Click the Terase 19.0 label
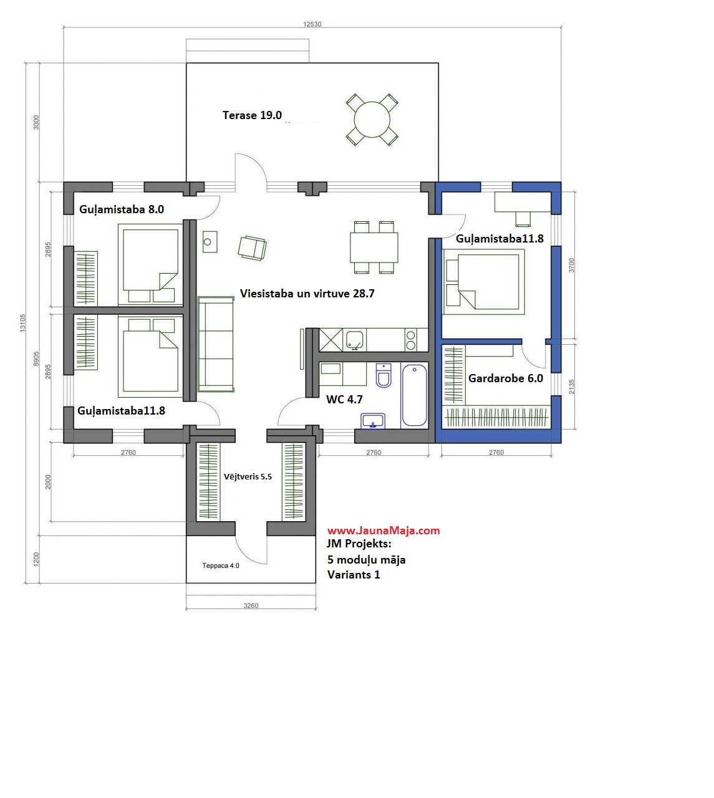pos(252,115)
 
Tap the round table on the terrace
pos(372,119)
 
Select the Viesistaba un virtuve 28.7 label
pos(307,294)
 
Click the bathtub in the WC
pos(414,395)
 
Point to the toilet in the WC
pos(384,375)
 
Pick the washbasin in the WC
pos(373,421)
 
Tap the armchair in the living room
pos(252,248)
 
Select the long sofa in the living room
pos(216,344)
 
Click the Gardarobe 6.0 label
pos(506,378)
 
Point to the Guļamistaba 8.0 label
pos(122,209)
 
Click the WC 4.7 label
pos(344,400)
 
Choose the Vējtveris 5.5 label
pos(248,476)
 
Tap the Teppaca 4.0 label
pos(221,565)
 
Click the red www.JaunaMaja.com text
pos(384,531)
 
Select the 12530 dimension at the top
pos(312,24)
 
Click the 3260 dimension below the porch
pos(251,605)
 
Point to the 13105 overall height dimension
pos(22,322)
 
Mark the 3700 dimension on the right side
pos(571,266)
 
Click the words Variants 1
pos(354,575)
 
